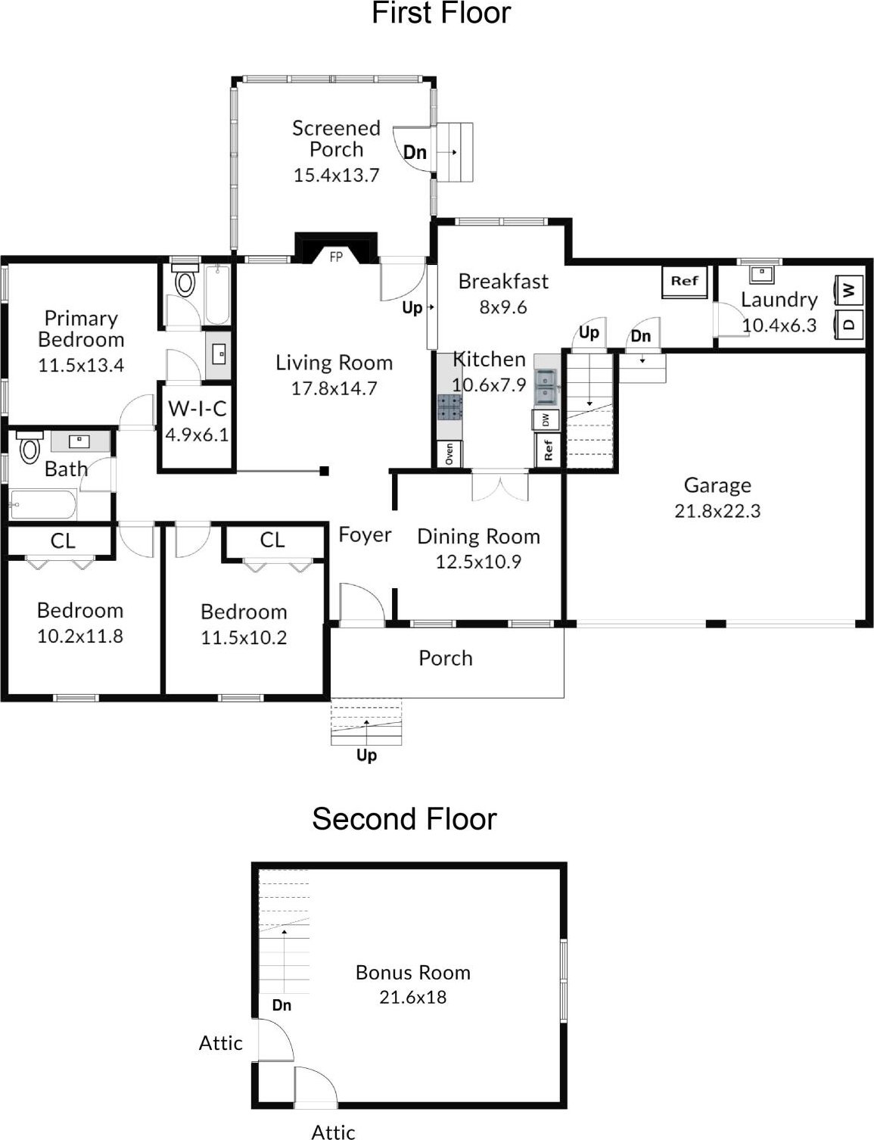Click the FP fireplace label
[x=336, y=257]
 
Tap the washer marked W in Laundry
[x=849, y=289]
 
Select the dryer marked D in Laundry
[x=849, y=324]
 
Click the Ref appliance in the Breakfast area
[x=684, y=282]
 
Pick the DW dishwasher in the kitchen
[x=546, y=419]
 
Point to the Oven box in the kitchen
[x=449, y=453]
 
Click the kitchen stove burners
[x=449, y=408]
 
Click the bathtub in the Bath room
[x=43, y=504]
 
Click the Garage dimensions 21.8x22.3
[x=717, y=510]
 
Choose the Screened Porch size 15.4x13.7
[x=336, y=175]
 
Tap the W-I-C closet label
[x=198, y=409]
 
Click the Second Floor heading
[x=404, y=819]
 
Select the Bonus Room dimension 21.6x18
[x=412, y=997]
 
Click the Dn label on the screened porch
[x=415, y=152]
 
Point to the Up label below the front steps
[x=366, y=755]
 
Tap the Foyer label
[x=365, y=534]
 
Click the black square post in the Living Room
[x=325, y=471]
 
